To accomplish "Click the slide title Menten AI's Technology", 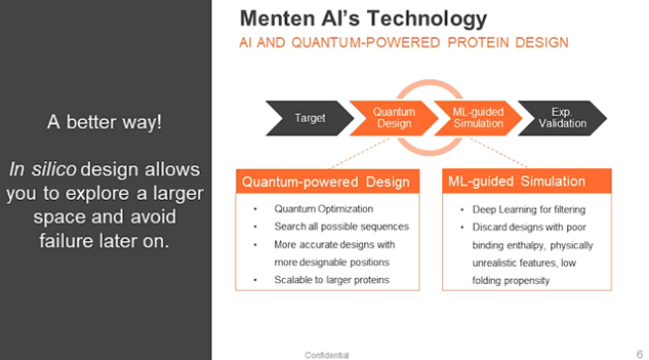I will tap(363, 18).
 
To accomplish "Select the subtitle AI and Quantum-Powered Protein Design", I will tap(405, 44).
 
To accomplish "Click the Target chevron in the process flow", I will tap(309, 119).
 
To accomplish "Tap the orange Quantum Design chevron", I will tap(394, 119).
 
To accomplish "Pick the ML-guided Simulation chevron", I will tap(478, 119).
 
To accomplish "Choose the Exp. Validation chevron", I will tap(561, 119).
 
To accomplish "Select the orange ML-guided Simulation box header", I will tap(516, 181).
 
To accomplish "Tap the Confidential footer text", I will tap(326, 354).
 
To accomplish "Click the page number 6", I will tap(639, 353).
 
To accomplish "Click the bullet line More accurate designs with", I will tap(334, 244).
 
